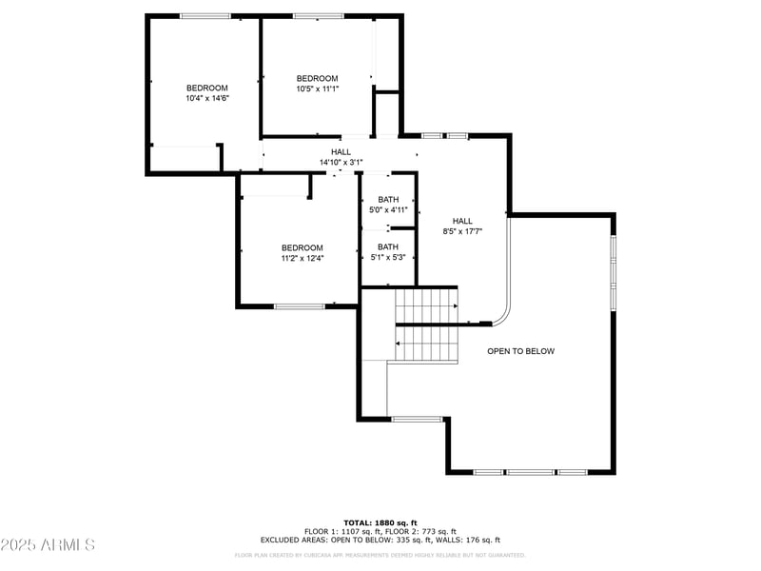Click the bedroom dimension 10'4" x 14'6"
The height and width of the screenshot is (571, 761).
tap(206, 98)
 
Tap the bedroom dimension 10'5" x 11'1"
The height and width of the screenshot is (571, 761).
tap(317, 89)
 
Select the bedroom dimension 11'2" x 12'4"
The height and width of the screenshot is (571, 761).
tap(302, 258)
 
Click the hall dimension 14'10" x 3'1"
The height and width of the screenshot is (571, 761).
tap(341, 163)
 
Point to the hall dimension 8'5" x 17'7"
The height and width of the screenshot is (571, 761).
tap(462, 231)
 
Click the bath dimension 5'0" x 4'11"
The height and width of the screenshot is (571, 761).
tap(388, 209)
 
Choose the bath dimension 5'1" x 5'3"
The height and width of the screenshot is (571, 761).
tap(388, 257)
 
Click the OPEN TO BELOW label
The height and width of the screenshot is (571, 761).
tap(520, 351)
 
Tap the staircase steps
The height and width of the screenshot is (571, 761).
tap(426, 325)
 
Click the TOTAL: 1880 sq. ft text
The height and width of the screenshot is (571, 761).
tap(380, 522)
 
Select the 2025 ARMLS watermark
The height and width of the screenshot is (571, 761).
tap(48, 545)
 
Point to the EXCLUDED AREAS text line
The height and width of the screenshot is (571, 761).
tap(380, 540)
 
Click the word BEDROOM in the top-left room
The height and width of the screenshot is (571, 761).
tap(206, 88)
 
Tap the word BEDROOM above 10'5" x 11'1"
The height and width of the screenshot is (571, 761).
tap(317, 78)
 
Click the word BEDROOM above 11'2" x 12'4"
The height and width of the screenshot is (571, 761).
tap(302, 247)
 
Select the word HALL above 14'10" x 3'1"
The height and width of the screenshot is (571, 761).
tap(341, 152)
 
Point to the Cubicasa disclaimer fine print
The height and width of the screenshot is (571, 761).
tap(380, 555)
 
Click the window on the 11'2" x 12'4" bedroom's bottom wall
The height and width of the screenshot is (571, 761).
tap(300, 306)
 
